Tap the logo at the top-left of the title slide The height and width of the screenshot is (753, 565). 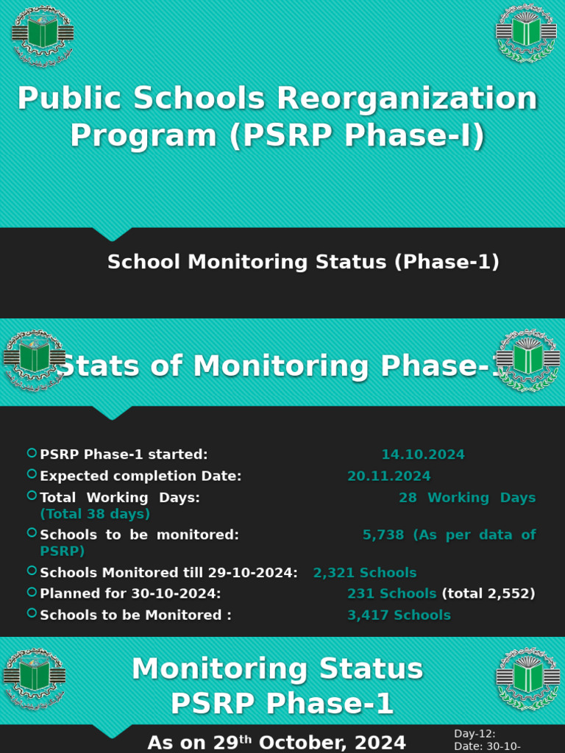coord(42,35)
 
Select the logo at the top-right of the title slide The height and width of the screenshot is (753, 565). coord(525,33)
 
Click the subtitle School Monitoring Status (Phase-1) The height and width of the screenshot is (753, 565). coord(303,262)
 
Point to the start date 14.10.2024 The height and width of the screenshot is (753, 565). coord(423,454)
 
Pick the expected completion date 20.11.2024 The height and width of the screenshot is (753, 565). coord(389,476)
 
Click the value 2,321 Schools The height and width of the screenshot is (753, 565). coord(365,572)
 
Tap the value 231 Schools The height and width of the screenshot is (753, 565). coord(391,593)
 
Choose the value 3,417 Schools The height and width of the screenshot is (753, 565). coord(399,615)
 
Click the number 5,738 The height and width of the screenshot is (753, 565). coord(383,535)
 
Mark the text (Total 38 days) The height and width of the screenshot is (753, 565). coord(95,513)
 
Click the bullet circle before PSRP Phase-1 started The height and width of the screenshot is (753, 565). coord(32,453)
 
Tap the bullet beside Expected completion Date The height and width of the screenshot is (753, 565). coord(32,474)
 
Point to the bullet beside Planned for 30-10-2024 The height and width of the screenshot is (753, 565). coord(32,591)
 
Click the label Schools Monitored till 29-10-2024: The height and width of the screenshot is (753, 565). coord(168,572)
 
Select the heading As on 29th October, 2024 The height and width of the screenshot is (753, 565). coord(277,742)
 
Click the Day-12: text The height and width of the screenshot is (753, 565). coord(475,733)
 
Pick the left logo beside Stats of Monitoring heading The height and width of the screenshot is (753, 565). coord(34,359)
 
